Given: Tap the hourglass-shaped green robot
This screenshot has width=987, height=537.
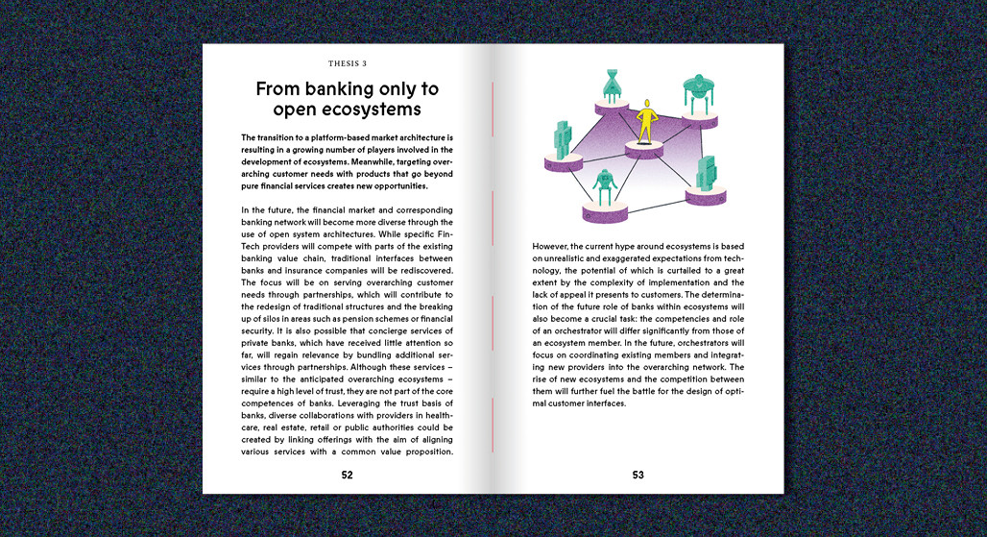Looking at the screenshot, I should click(612, 87).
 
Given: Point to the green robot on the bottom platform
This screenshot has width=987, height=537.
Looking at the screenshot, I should click(604, 187).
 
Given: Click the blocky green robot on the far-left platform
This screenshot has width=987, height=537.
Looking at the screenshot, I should click(564, 142).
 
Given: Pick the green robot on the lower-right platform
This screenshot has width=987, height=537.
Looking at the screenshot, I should click(708, 173).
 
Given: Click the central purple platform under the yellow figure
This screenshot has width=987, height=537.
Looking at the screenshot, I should click(645, 150).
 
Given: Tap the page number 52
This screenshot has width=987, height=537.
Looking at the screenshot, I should click(347, 475).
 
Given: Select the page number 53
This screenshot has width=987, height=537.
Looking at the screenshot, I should click(638, 475).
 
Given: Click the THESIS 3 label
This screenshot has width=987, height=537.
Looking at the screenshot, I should click(348, 63).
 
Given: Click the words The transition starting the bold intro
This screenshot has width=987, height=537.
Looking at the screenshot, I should click(272, 137).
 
